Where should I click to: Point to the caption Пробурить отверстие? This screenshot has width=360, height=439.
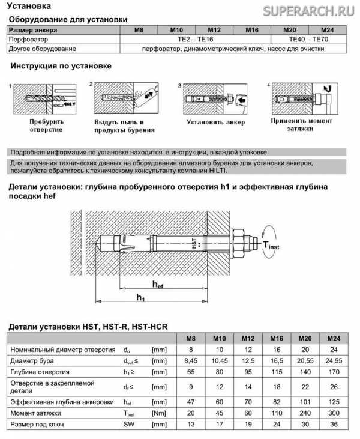click(40, 125)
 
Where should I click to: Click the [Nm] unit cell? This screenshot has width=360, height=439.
click(159, 413)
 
